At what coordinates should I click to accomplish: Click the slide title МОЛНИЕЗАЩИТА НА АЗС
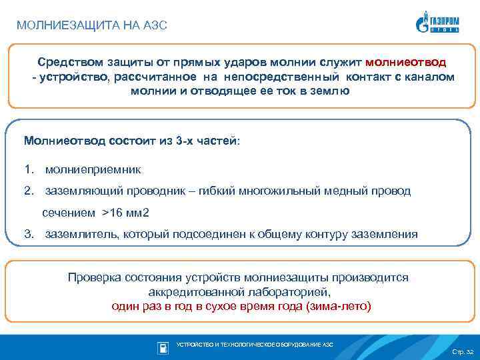(91, 26)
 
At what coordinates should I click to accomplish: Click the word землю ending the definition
(330, 91)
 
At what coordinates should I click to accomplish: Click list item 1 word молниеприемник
(93, 170)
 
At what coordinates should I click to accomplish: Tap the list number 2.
(28, 191)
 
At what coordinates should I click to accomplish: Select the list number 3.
(28, 234)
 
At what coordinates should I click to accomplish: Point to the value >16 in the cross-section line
(113, 213)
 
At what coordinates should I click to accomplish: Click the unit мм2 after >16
(139, 213)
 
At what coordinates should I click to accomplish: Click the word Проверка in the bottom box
(94, 277)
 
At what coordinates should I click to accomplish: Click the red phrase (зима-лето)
(337, 307)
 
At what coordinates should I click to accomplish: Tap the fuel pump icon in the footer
(163, 347)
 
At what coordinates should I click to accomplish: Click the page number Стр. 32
(462, 351)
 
